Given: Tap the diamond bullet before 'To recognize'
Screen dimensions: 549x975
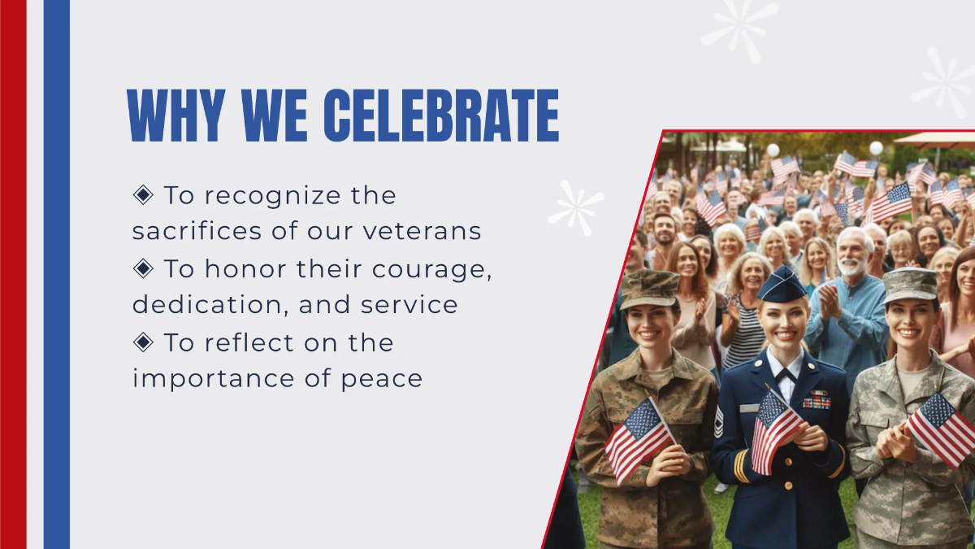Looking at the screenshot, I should [143, 194].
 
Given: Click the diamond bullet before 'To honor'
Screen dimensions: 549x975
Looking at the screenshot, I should [143, 268].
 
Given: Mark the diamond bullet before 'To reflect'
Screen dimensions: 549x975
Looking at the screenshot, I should [143, 342].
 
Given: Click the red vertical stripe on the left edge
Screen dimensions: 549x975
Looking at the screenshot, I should [13, 274].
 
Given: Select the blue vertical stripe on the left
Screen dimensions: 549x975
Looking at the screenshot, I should [56, 274].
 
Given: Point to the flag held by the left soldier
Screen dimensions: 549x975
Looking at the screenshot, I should [638, 438].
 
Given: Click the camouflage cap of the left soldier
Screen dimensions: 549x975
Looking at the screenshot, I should [650, 286].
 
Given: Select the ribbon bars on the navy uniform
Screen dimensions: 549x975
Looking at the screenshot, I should [816, 399].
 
